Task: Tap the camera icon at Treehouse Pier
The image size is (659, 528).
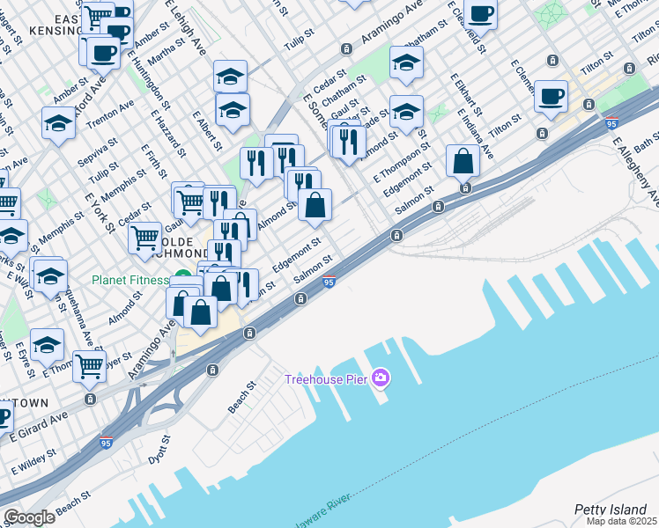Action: pos(381,378)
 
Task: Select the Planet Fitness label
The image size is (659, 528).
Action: pos(130,281)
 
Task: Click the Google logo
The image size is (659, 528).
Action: pos(29,517)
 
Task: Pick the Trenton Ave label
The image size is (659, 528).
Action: pos(115,108)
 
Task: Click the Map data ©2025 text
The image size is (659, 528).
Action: pos(622,521)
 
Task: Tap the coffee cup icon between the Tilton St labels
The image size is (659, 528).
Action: pos(551,97)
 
